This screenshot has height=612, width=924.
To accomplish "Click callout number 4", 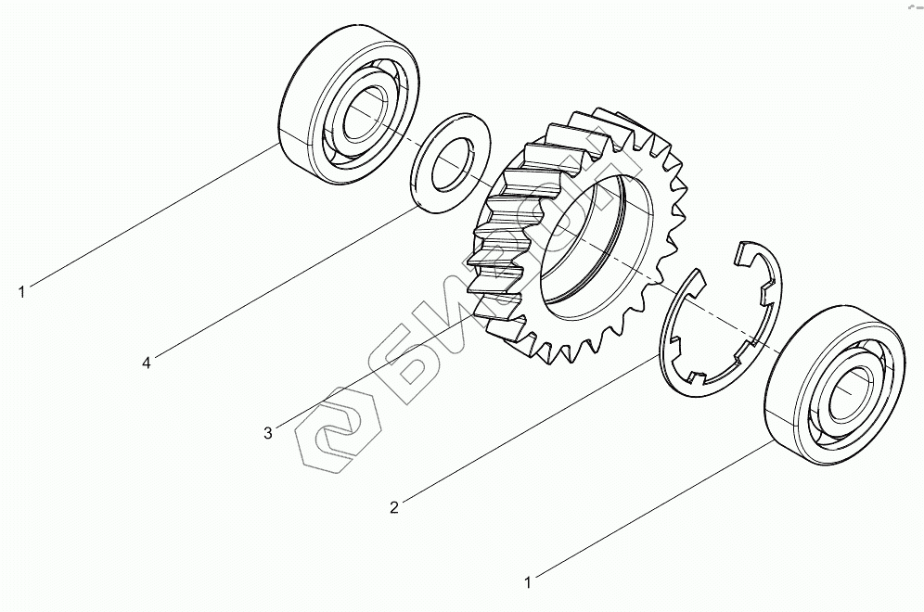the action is click(147, 363).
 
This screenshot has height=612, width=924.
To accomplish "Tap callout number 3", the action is click(268, 434).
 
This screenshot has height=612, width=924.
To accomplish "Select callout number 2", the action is click(394, 507).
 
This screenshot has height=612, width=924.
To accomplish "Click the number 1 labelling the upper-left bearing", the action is click(22, 291).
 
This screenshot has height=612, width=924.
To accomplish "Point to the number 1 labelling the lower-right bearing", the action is click(528, 582).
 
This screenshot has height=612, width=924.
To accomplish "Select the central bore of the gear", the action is click(596, 240).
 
